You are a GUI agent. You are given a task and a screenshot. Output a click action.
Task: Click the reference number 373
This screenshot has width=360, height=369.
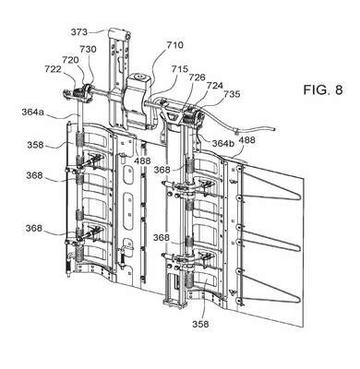point(79,32)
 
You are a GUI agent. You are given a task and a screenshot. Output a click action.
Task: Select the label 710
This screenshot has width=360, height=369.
point(174,45)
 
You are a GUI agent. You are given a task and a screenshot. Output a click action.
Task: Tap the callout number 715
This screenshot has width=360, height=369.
point(180,69)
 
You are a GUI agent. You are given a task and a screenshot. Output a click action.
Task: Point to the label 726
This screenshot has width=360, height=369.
point(197,77)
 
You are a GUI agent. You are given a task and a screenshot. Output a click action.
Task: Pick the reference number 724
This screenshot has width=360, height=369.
point(214,86)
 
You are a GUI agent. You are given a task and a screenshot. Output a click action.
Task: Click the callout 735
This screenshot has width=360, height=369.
point(232,94)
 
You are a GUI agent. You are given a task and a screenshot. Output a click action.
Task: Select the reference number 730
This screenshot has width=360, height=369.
point(88,49)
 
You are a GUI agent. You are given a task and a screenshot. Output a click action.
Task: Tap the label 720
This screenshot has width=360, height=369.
point(70,60)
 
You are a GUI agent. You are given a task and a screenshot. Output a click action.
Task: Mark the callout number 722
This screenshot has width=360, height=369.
point(53,69)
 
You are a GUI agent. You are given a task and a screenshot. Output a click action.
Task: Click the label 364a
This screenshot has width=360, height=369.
point(33,113)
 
